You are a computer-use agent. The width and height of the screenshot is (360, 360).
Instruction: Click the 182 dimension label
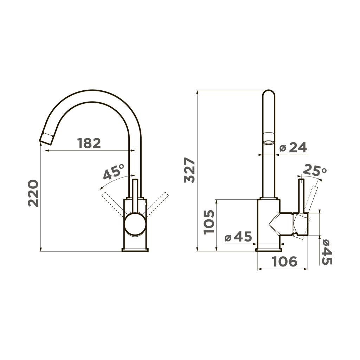89,143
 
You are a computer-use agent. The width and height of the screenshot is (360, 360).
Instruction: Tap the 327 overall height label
189,170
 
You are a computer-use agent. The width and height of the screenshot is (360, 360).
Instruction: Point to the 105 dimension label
209,222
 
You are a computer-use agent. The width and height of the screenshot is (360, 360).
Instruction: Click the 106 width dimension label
284,261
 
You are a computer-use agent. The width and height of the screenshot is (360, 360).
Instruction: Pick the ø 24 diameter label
293,147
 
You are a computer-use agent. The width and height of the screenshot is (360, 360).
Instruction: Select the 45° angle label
114,172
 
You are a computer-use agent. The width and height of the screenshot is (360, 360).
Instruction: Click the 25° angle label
314,171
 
